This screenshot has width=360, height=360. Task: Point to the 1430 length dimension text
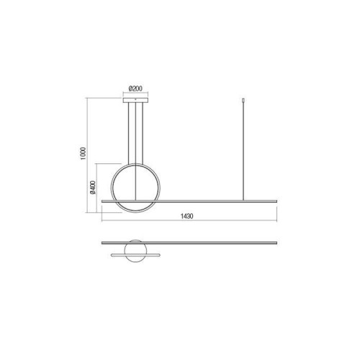click(x=186, y=216)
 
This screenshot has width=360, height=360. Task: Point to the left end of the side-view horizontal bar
click(x=104, y=199)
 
